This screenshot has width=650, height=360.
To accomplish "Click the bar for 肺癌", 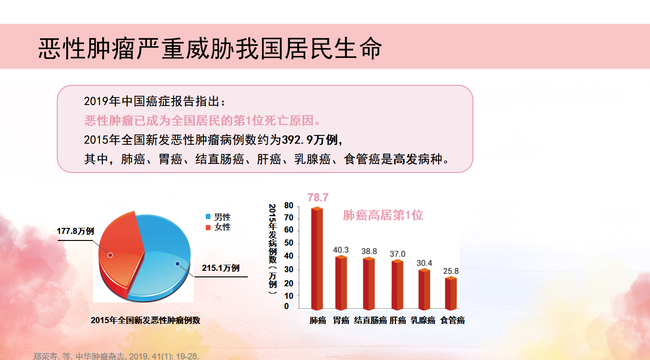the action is coord(317,258).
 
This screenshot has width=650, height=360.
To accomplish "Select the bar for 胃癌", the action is coord(341,282).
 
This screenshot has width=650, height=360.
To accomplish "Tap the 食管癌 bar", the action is coord(451,293).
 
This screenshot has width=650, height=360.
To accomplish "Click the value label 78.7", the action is coord(318,198).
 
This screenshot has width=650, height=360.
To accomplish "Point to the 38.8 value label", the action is coord(369,251).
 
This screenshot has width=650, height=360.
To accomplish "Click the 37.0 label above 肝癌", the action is coord(397,254).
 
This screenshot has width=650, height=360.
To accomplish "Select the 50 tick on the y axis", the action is coord(289,243).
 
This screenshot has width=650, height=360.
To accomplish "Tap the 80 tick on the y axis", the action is coord(289,205).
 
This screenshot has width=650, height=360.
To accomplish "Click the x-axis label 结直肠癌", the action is coord(370,320).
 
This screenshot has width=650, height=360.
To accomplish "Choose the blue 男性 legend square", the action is coord(208,216).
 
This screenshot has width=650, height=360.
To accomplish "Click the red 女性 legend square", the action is coord(208,227).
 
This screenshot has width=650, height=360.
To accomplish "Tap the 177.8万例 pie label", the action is coord(76,231).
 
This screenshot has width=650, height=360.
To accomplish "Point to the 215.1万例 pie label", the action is coord(221,268).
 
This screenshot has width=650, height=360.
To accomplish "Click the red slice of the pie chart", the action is coord(120,250).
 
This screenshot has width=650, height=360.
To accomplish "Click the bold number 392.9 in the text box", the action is coord(297,140).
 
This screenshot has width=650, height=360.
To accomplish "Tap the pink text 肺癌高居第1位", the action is coord(383,215).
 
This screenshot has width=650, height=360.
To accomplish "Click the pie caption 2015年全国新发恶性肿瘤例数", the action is coord(146,320).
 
